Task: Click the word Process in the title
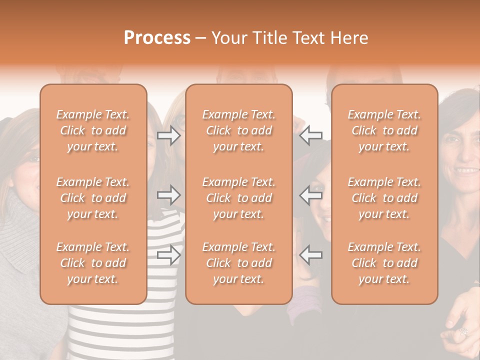pos(157,38)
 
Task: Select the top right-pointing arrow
pos(169,135)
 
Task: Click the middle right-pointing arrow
pos(169,195)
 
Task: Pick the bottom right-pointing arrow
pos(169,254)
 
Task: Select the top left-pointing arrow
pos(311,135)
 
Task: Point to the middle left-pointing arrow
pos(311,195)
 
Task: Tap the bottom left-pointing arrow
pos(311,254)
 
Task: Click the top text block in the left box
pos(93,130)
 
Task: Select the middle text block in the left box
pos(93,198)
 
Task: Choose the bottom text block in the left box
pos(93,263)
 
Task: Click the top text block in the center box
pos(238,130)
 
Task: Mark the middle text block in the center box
pos(238,198)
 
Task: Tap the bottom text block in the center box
pos(238,263)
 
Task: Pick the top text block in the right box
pos(384,130)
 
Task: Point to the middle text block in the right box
pos(384,198)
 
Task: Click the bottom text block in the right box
pos(384,263)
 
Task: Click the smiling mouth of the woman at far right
pos(467,170)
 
